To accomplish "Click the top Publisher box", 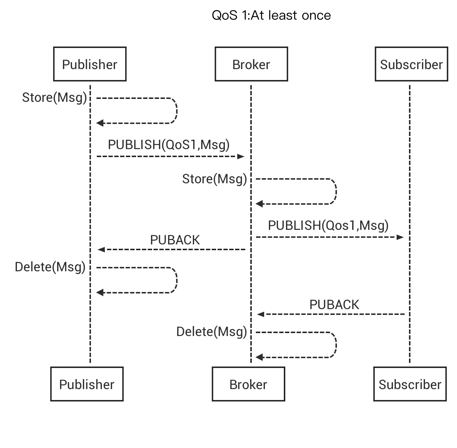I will (90, 64).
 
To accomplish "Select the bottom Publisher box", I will (87, 384).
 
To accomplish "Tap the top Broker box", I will (251, 64).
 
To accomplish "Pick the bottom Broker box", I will (248, 384).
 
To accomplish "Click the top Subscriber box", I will (411, 64).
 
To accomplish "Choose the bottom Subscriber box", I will (410, 384).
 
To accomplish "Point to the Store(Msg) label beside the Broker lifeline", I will (214, 179).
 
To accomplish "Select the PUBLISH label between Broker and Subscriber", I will (329, 225).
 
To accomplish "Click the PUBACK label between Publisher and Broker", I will (174, 239).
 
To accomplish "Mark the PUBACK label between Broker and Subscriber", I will (335, 305).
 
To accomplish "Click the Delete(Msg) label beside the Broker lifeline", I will (211, 332).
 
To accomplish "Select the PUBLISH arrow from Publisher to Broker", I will (169, 156).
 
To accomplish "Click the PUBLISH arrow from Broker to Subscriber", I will (329, 237).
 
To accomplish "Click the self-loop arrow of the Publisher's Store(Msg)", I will (176, 111).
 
